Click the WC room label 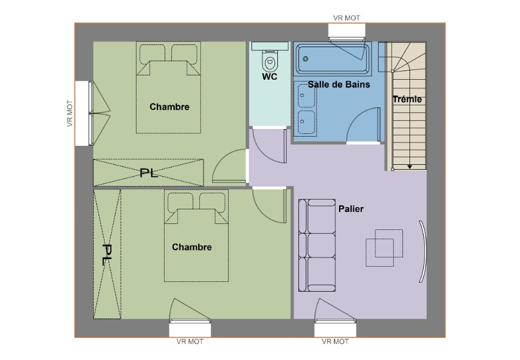click(x=270, y=76)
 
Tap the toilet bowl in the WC click(x=270, y=62)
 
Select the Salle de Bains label click(x=339, y=85)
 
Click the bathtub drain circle click(x=305, y=59)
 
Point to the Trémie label click(x=407, y=99)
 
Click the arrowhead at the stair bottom click(x=409, y=167)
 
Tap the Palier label click(x=351, y=209)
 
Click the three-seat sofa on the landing click(x=317, y=245)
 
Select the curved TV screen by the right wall click(x=423, y=251)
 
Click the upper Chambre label click(x=170, y=107)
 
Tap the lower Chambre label click(x=192, y=247)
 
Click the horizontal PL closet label click(x=148, y=173)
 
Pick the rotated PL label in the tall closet click(x=107, y=254)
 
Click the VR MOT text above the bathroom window click(x=347, y=18)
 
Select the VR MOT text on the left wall click(x=70, y=113)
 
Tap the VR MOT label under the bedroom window click(x=190, y=342)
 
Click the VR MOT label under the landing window click(x=335, y=342)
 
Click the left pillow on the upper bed click(x=152, y=53)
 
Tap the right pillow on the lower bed click(x=212, y=202)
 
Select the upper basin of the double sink click(x=306, y=95)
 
